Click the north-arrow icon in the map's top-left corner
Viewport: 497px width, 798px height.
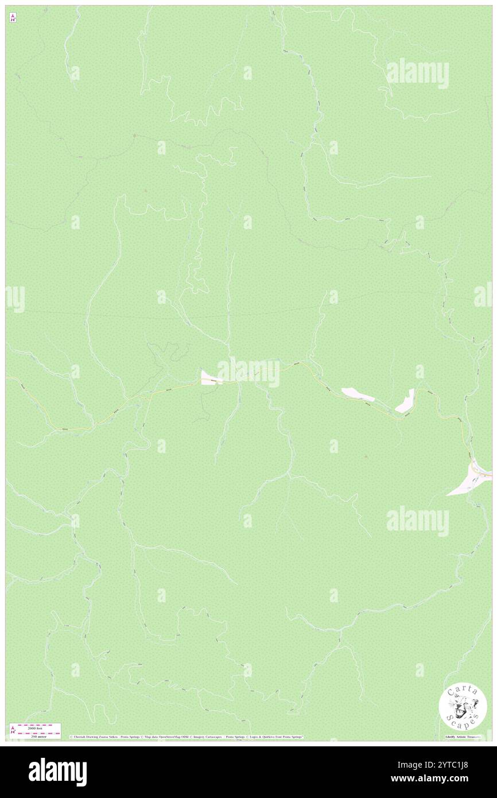pyautogui.click(x=13, y=18)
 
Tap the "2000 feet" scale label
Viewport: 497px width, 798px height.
pyautogui.click(x=35, y=727)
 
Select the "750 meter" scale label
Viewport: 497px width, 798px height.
pyautogui.click(x=35, y=736)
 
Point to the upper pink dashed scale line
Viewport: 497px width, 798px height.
pyautogui.click(x=38, y=725)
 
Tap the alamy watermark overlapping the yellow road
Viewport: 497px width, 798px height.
pyautogui.click(x=248, y=372)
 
